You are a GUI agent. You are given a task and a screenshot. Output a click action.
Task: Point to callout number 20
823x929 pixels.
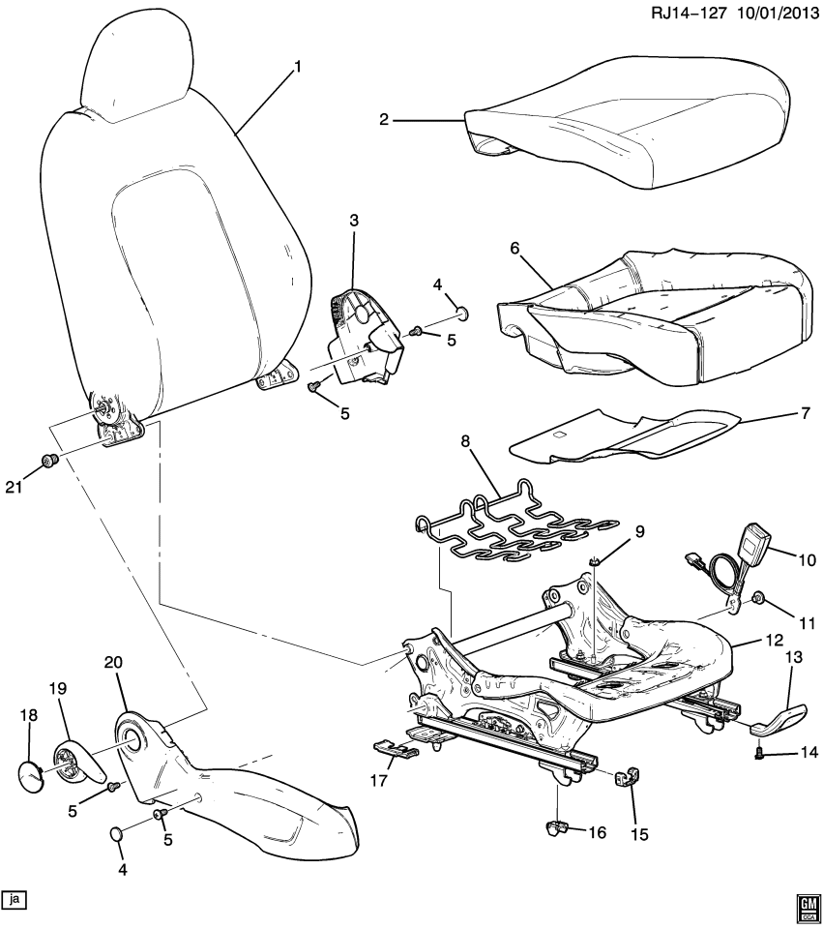click(113, 663)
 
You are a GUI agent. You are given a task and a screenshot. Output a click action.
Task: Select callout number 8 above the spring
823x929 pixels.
click(466, 441)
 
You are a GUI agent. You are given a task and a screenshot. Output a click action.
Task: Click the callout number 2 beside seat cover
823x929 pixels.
click(384, 120)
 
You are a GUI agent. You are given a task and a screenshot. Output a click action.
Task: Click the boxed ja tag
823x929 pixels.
click(14, 899)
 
